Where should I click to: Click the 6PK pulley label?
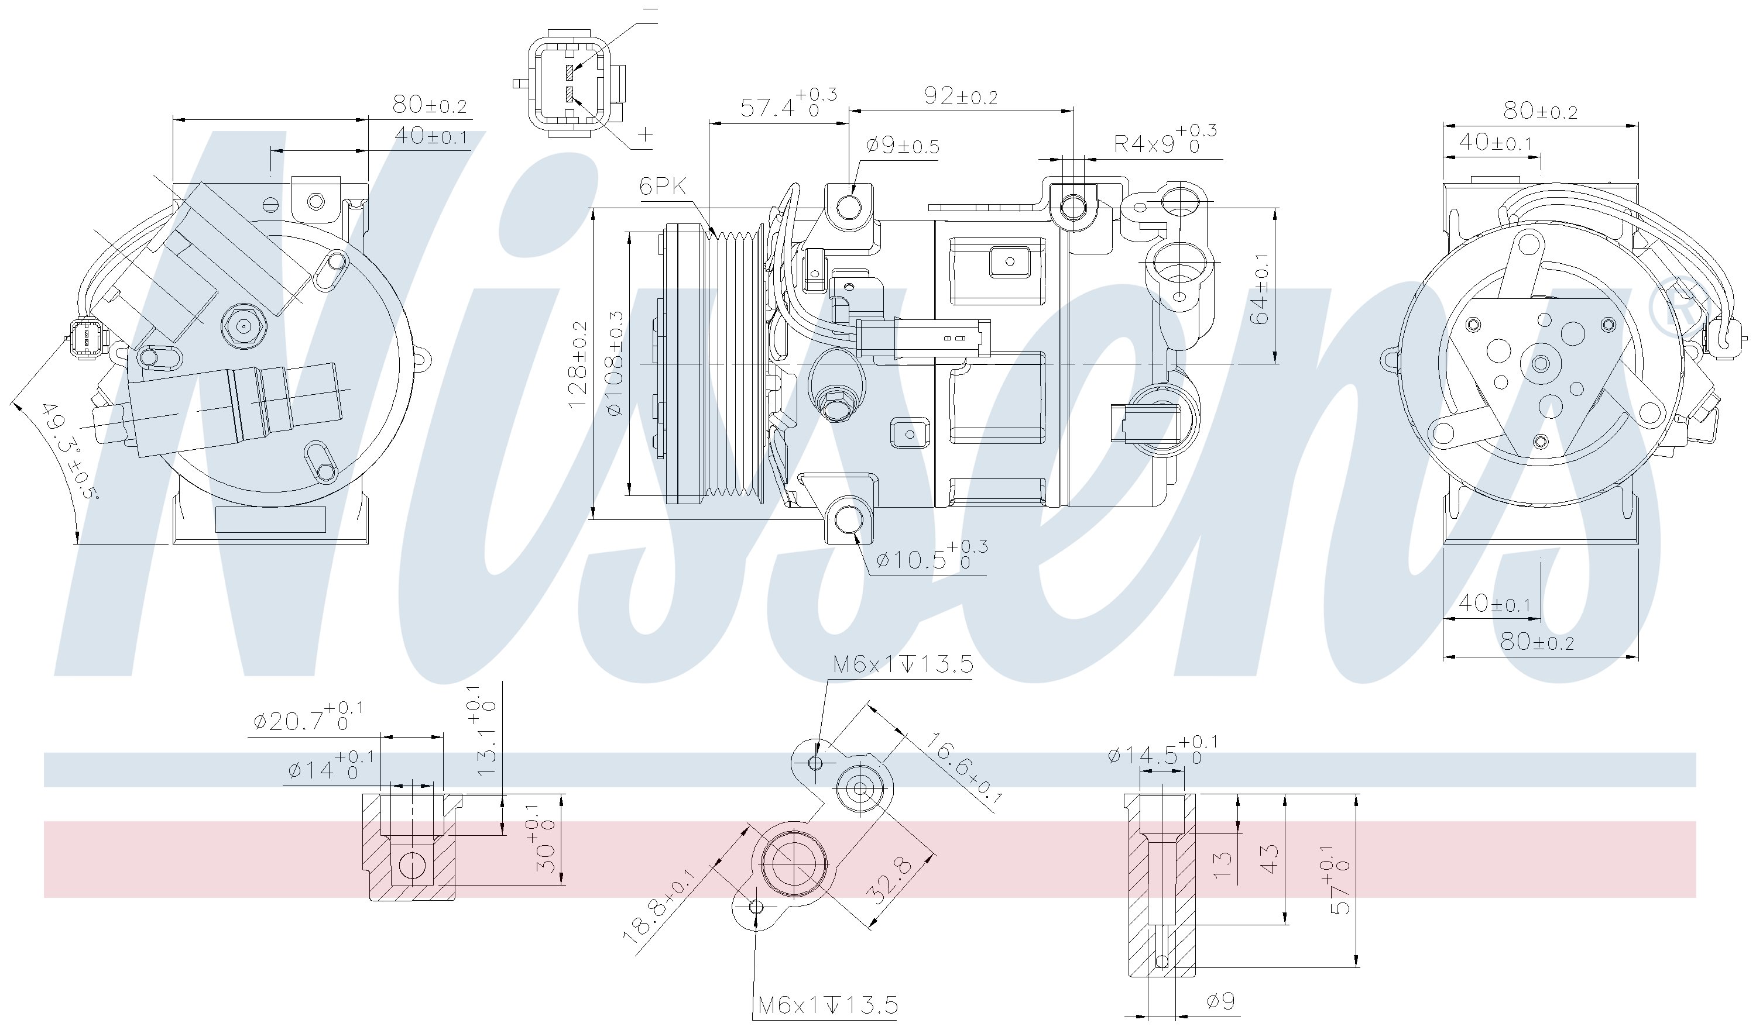[663, 186]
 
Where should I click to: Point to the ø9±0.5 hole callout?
[903, 146]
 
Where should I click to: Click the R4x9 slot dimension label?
[1165, 142]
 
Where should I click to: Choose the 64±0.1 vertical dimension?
[1259, 288]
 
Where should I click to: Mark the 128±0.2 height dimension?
[578, 365]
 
